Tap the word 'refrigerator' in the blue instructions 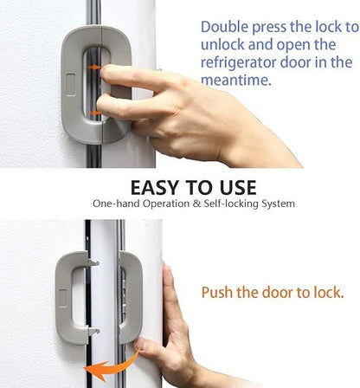pos(240,61)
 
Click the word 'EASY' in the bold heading pos(159,187)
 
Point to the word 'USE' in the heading pos(234,187)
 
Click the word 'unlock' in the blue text pos(221,44)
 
